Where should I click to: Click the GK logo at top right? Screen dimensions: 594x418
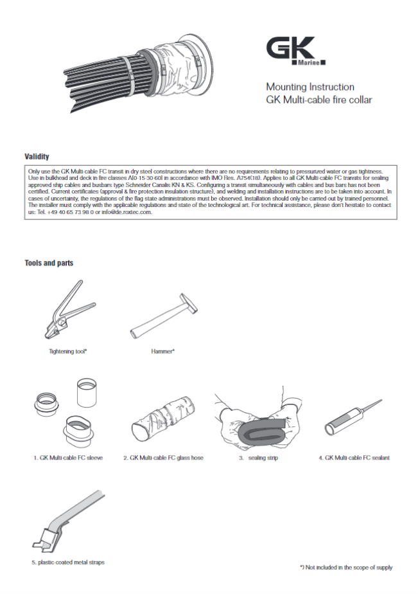297,51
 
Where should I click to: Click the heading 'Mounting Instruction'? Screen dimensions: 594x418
310,87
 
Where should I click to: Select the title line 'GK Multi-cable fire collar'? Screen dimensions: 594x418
319,100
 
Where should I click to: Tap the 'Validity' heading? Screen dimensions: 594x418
37,157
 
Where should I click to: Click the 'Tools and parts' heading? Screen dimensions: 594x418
49,263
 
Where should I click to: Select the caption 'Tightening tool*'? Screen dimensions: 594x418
68,352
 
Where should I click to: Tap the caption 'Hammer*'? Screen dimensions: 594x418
163,352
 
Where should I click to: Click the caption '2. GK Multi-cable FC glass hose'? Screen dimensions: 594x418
163,458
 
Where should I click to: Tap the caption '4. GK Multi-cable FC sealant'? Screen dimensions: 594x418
354,458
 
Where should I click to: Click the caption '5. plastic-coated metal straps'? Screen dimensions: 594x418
68,562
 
